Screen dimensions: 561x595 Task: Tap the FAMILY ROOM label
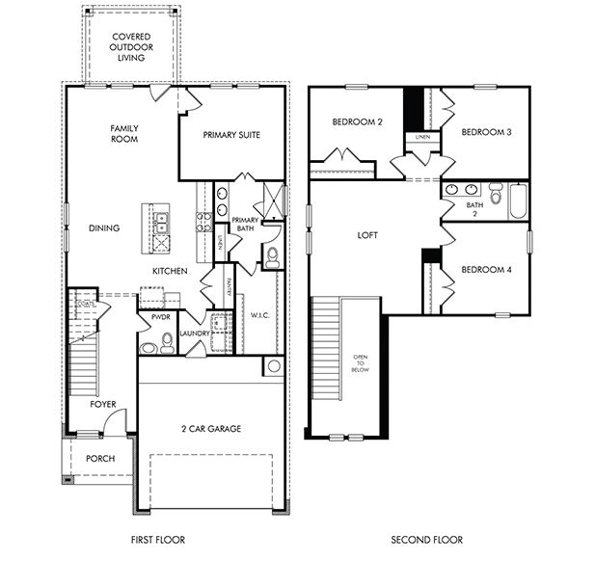coord(123,134)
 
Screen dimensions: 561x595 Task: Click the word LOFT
coord(366,234)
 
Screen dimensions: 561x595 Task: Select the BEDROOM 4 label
coord(485,269)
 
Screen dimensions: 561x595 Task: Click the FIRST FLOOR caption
coord(157,540)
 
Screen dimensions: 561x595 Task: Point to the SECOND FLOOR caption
coord(425,540)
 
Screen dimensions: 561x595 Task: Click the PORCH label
coord(99,459)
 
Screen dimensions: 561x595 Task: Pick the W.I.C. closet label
coord(257,314)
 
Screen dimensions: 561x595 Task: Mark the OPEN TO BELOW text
coord(361,362)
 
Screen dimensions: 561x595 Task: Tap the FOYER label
coord(104,405)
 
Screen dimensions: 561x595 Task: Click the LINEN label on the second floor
coord(422,138)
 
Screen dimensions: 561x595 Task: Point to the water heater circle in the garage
coord(273,366)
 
